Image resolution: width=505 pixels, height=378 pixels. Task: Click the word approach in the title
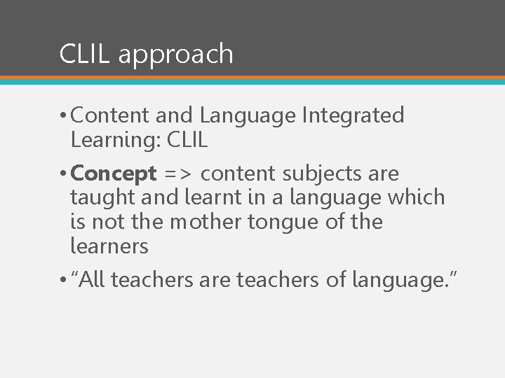175,55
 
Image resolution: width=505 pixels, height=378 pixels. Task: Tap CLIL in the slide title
85,54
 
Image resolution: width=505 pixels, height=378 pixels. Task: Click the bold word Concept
114,173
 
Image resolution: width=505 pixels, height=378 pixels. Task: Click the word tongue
283,223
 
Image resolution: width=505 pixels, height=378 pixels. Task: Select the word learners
109,246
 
